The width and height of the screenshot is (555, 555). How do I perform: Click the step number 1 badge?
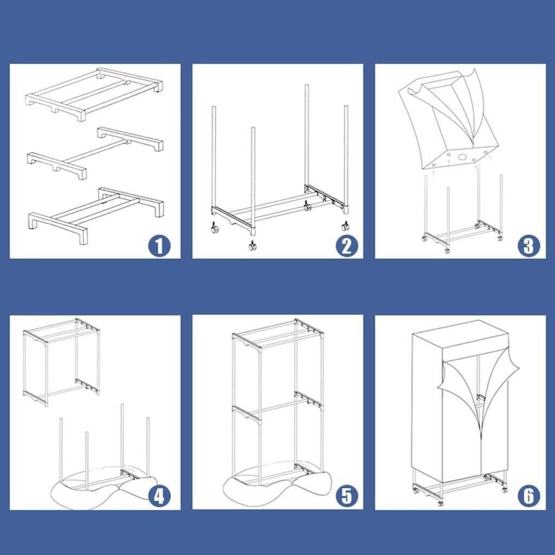(159, 246)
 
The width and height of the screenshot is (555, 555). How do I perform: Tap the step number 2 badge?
(346, 246)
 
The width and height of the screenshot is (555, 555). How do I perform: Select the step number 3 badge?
(529, 246)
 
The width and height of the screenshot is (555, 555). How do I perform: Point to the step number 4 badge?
(159, 496)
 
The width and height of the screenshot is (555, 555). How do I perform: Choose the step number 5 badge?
(346, 496)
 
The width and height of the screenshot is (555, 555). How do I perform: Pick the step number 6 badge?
(529, 496)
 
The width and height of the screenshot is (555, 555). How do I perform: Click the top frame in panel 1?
(94, 94)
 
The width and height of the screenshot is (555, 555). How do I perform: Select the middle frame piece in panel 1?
(95, 153)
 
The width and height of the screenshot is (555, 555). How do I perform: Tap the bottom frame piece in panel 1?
(95, 215)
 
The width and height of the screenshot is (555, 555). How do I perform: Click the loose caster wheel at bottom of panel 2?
(253, 246)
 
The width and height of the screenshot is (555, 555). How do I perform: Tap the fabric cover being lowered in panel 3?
(448, 120)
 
